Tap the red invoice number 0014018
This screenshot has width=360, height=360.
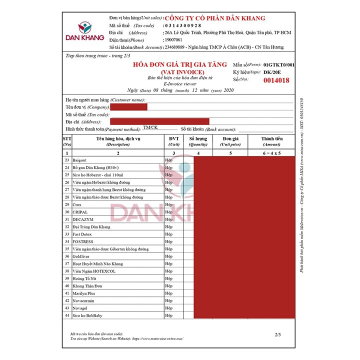pyautogui.click(x=276, y=80)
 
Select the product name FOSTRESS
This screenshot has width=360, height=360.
pyautogui.click(x=83, y=241)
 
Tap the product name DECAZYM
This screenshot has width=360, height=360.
pyautogui.click(x=83, y=219)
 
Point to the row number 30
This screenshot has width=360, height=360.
pyautogui.click(x=66, y=212)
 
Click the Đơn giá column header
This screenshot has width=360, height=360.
pyautogui.click(x=230, y=141)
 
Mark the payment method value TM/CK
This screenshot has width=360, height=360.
pyautogui.click(x=150, y=128)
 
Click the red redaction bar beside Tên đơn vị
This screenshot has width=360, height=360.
pyautogui.click(x=129, y=107)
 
